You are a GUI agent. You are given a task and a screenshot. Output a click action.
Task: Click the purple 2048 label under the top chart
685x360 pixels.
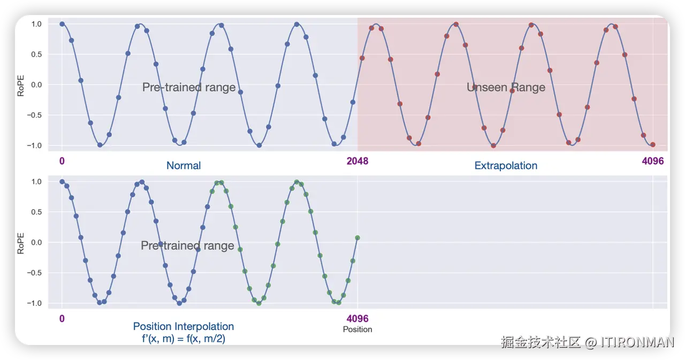pos(357,161)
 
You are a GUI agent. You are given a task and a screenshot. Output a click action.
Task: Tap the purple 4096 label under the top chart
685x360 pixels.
pos(652,161)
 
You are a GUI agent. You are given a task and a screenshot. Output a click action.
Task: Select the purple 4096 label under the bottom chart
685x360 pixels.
pos(357,319)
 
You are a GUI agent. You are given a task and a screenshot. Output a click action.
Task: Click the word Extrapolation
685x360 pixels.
pos(506,166)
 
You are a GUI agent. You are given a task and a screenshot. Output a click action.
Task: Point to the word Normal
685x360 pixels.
pos(184,166)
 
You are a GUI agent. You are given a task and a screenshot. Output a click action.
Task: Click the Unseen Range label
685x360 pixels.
pos(506,87)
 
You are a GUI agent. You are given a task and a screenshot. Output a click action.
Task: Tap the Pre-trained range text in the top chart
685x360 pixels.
pos(189,87)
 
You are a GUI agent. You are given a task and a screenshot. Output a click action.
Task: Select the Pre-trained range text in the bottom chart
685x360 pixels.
pos(187,246)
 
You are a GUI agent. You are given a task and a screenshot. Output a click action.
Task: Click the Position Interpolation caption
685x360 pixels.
pos(184,326)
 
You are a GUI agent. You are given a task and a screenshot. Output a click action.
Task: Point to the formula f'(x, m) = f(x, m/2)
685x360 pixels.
pos(184,339)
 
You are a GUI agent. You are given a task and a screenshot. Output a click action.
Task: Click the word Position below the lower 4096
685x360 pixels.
pos(357,330)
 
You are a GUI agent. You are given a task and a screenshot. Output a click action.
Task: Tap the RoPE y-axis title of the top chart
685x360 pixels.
pos(20,86)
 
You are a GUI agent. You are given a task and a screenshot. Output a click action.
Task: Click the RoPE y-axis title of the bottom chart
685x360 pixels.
pos(20,243)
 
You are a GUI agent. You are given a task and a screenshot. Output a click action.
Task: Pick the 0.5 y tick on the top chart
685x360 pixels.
pos(36,55)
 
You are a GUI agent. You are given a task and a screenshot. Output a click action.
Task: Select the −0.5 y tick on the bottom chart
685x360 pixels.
pos(34,273)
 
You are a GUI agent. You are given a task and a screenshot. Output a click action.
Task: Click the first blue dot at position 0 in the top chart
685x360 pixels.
pos(62,24)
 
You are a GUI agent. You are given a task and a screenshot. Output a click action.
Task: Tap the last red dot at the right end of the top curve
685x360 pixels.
pos(652,144)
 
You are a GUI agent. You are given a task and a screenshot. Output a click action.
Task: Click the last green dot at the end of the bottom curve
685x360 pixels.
pos(357,238)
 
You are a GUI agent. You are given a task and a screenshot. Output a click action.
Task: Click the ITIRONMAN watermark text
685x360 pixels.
pos(637,342)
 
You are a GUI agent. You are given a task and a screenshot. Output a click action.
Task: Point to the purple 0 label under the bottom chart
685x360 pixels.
pos(62,319)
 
